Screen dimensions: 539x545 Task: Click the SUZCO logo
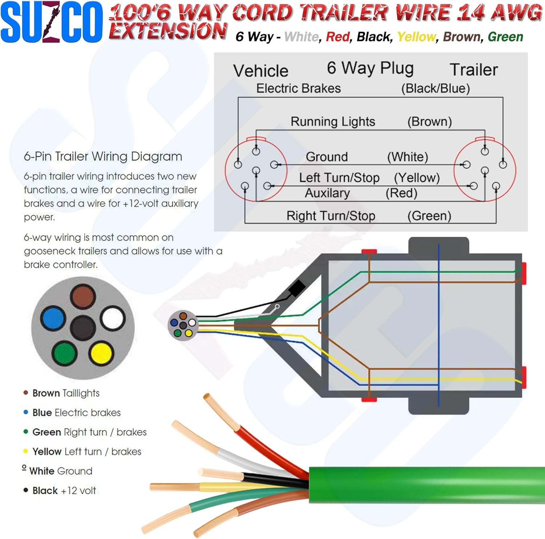(x=52, y=22)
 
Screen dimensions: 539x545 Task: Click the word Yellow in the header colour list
(x=416, y=37)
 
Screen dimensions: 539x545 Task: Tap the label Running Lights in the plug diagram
(x=333, y=121)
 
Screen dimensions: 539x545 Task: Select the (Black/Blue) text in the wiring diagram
(x=435, y=88)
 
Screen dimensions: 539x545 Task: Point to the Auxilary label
(x=327, y=193)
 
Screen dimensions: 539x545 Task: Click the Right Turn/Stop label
(x=331, y=216)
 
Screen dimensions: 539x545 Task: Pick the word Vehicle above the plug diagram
(x=261, y=71)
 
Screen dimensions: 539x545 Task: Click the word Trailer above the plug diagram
(x=473, y=69)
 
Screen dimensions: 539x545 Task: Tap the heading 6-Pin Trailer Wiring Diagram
(x=103, y=156)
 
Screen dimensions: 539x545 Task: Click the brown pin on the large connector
(x=83, y=296)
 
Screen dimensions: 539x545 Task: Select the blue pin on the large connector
(x=53, y=318)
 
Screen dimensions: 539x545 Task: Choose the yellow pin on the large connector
(x=101, y=353)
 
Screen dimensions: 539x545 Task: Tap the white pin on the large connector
(x=112, y=318)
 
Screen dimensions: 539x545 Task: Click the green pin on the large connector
(x=65, y=353)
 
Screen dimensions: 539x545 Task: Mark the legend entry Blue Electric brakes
(x=76, y=413)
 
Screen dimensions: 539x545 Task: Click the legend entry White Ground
(x=61, y=471)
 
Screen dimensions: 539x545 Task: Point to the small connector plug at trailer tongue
(x=183, y=325)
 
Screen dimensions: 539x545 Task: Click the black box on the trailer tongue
(x=297, y=288)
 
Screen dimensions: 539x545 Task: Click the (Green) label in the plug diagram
(x=429, y=216)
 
